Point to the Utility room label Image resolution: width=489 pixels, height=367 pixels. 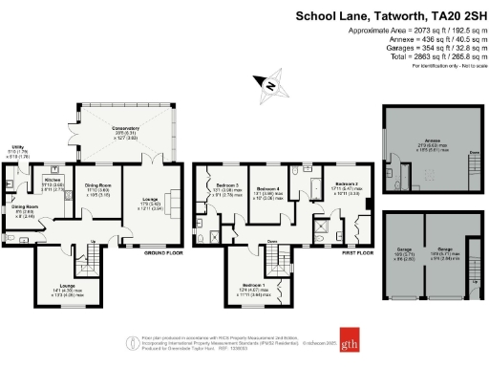[17, 147]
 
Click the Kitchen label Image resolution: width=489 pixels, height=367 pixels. [53, 179]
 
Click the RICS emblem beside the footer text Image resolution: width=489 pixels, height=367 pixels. [132, 341]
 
